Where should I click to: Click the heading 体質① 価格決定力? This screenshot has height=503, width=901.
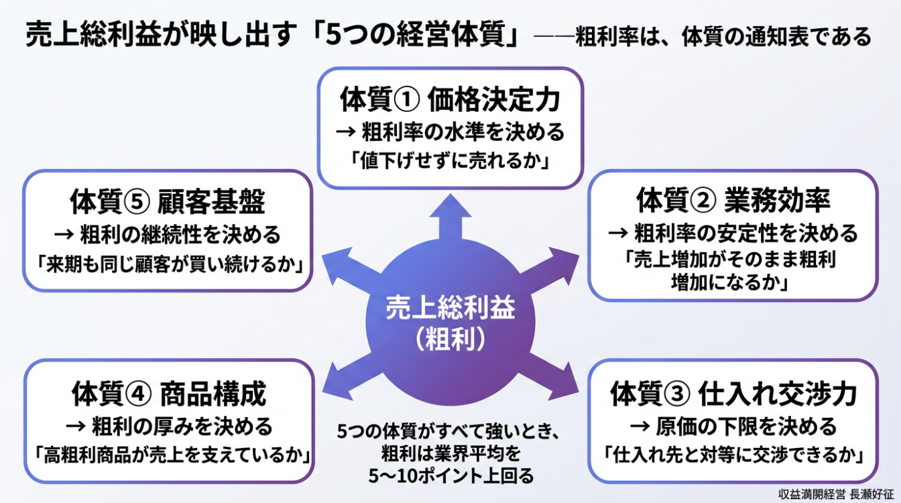pos(450,100)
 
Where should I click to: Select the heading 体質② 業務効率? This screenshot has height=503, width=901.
pos(733,201)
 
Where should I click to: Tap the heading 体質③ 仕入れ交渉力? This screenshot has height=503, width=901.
pos(733,394)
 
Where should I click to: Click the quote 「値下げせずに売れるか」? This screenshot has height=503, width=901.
pos(450,161)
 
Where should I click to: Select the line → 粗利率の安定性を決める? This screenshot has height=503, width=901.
pos(733,233)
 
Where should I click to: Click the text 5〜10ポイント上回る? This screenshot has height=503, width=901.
pos(451,477)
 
